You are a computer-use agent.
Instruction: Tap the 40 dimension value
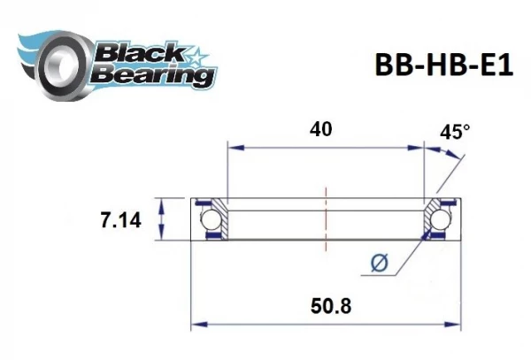[321, 129]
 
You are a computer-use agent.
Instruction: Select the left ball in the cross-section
[212, 219]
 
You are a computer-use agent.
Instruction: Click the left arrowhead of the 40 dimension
[231, 149]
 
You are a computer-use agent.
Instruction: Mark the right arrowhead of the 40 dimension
[421, 149]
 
